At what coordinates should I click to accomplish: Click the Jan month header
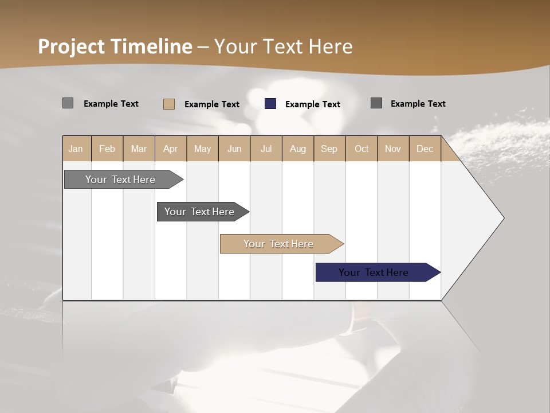coord(76,149)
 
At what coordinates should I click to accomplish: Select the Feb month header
coord(107,149)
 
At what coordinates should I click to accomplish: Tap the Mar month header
coord(139,149)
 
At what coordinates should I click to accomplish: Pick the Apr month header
coord(170,149)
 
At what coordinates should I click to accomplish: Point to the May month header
coord(202,149)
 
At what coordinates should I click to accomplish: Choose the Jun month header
coord(234,149)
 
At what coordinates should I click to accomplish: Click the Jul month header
coord(266,149)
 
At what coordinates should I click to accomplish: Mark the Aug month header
coord(297,149)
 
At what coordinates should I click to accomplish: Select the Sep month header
coord(329,149)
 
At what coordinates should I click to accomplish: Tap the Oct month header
coord(362,149)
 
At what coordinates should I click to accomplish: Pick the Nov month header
coord(392,149)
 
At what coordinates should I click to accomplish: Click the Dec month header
coord(425,149)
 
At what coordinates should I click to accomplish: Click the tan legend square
coord(168,104)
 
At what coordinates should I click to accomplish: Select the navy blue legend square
coord(270,104)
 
